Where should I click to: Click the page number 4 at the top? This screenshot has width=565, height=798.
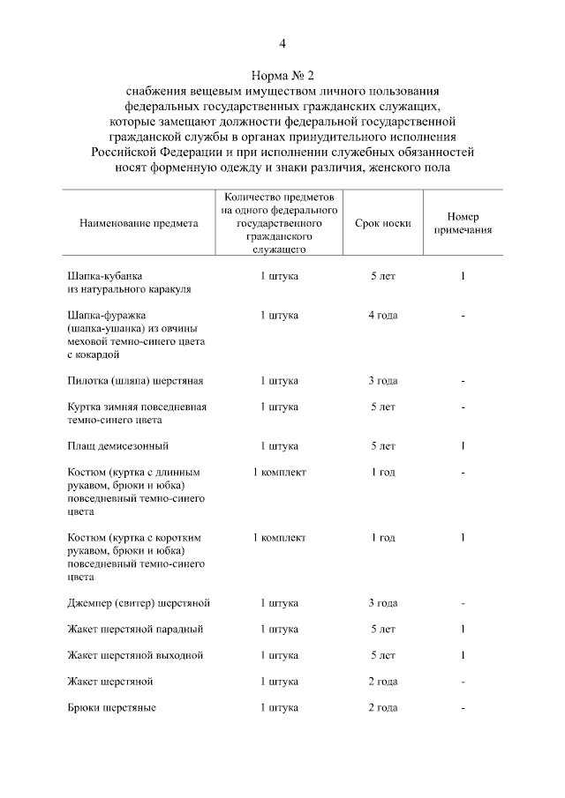click(x=282, y=42)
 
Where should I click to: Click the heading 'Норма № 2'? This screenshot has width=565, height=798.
click(x=282, y=75)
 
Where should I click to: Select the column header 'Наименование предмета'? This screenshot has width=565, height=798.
click(x=132, y=224)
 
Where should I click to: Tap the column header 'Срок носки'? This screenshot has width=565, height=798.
click(x=383, y=224)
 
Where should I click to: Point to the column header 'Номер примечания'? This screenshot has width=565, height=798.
click(x=463, y=224)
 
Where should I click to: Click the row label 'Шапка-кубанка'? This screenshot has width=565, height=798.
click(x=104, y=276)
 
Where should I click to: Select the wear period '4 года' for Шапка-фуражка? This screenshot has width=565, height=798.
click(x=383, y=315)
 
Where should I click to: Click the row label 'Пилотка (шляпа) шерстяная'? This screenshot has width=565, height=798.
click(x=135, y=381)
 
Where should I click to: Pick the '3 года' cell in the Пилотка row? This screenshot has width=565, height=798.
click(x=383, y=381)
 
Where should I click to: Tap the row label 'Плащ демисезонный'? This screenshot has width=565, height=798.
click(x=118, y=446)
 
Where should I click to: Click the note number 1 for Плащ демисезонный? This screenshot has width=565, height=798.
click(x=463, y=446)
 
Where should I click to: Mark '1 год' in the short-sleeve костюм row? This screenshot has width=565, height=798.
click(x=383, y=538)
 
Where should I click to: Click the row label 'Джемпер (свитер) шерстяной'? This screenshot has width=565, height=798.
click(x=139, y=603)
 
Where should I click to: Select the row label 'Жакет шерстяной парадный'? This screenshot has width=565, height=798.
click(x=135, y=630)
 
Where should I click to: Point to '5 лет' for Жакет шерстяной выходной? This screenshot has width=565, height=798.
click(x=383, y=655)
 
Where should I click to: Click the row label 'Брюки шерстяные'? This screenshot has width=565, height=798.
click(x=111, y=707)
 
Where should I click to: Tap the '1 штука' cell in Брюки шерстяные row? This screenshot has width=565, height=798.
click(x=279, y=707)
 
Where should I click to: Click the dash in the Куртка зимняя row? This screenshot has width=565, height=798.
click(x=463, y=407)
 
